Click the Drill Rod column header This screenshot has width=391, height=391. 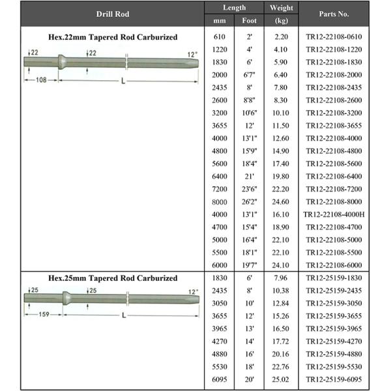pyautogui.click(x=113, y=14)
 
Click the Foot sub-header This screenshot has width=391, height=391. pyautogui.click(x=249, y=20)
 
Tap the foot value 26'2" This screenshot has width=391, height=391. pyautogui.click(x=249, y=201)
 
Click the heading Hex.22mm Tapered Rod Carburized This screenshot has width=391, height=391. pyautogui.click(x=113, y=37)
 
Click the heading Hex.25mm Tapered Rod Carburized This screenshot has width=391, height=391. pyautogui.click(x=113, y=278)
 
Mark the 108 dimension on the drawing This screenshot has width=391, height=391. pyautogui.click(x=40, y=80)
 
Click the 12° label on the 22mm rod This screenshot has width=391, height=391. pyautogui.click(x=192, y=54)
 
